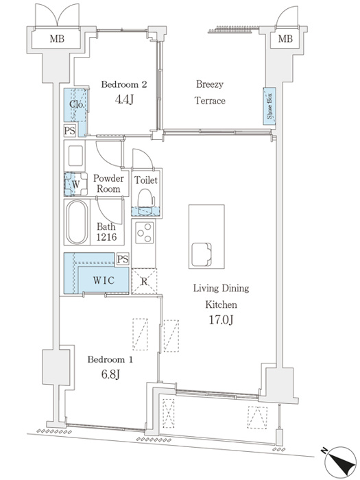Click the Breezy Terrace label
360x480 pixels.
[x=210, y=92]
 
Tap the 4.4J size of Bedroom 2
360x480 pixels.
[x=124, y=99]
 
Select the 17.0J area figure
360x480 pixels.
[x=221, y=320]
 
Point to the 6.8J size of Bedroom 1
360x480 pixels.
[x=110, y=374]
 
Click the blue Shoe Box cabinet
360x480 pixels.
[x=269, y=106]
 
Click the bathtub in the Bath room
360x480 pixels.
[x=77, y=222]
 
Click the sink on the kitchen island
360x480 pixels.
[x=201, y=254]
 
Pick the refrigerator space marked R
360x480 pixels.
[x=144, y=281]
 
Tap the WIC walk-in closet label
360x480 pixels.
[x=104, y=280]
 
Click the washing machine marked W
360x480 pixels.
[x=75, y=184]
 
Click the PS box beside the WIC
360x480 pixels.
[x=123, y=259]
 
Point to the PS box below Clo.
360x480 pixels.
[x=70, y=131]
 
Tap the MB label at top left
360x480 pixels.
[x=57, y=39]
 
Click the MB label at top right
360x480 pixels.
[x=285, y=38]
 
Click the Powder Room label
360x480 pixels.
[x=108, y=183]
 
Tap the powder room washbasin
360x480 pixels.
[x=75, y=156]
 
